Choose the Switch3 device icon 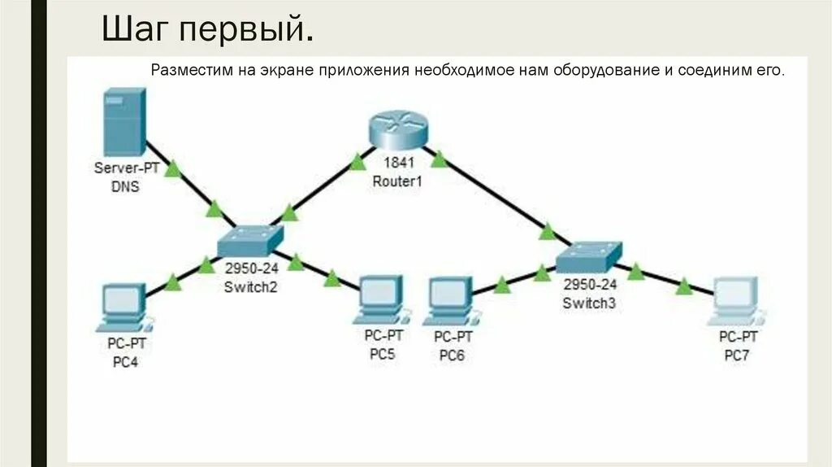(588, 258)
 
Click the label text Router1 (397, 181)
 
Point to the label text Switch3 (589, 303)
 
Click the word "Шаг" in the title (134, 30)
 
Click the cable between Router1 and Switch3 (496, 196)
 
